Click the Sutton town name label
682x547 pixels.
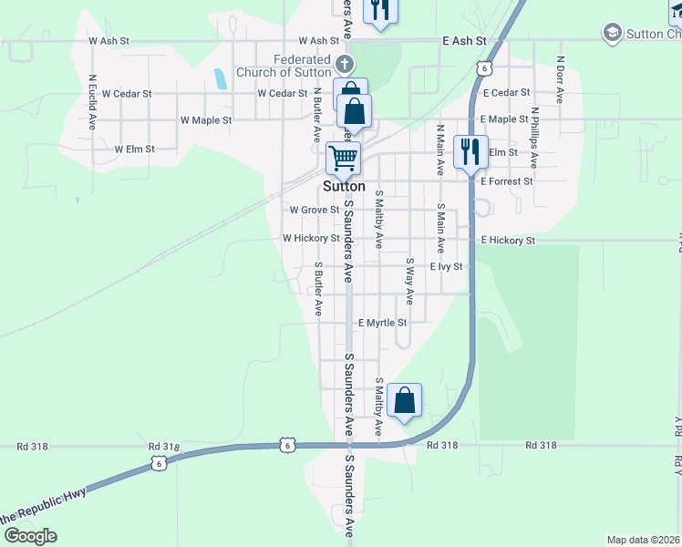[343, 186]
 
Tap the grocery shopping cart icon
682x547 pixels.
[344, 158]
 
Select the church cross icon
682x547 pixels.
[344, 64]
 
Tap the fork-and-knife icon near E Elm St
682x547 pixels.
[470, 151]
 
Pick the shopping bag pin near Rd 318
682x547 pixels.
[404, 400]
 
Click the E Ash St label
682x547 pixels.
[465, 41]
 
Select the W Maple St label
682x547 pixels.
[206, 119]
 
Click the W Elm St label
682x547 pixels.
[134, 149]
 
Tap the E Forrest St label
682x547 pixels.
[506, 181]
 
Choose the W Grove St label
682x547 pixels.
[314, 210]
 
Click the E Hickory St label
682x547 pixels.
[507, 240]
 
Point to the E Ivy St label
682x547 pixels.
[447, 266]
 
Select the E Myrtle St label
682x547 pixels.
[382, 323]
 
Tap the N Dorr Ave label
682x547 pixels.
[561, 80]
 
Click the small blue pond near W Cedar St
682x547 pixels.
[220, 78]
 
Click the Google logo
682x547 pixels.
[30, 535]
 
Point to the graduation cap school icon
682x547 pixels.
[612, 34]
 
